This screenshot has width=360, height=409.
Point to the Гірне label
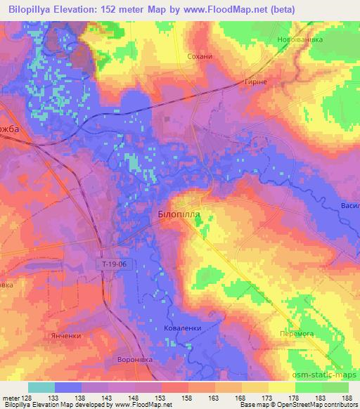[x=255, y=82]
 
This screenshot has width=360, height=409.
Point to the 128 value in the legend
[x=26, y=397]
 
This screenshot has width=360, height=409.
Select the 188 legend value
[x=347, y=397]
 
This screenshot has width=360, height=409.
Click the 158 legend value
[x=187, y=397]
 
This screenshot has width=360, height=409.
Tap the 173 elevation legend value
[x=267, y=397]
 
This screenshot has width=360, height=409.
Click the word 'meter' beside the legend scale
[x=10, y=397]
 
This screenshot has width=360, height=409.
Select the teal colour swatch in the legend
[x=41, y=387]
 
